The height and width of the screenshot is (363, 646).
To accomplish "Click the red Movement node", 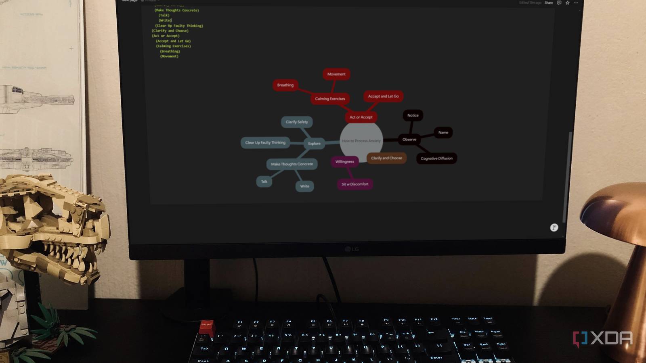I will coord(336,74).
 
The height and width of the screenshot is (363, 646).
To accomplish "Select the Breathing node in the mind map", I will coord(285,85).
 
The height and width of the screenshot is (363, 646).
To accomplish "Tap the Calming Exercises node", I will coord(330,99).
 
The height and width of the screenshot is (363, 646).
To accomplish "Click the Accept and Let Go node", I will coord(383,96).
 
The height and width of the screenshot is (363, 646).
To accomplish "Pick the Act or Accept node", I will coord(361,117).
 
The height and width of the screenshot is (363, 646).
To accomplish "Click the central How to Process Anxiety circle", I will coord(361,141).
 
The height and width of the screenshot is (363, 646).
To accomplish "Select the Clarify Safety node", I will coord(297,122).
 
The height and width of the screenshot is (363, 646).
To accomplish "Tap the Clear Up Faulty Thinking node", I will coord(265,143).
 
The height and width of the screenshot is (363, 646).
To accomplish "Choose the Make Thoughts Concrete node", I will coord(292,164).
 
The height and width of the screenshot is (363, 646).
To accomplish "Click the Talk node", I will coord(264,181).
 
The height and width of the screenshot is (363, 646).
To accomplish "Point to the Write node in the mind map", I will coord(304,186).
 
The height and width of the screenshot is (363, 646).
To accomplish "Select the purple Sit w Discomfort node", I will coord(355,184).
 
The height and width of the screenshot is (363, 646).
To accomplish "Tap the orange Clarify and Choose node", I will coord(386,158).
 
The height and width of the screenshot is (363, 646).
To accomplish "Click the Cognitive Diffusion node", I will coord(436,159).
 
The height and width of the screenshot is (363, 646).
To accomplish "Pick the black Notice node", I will coord(413,115).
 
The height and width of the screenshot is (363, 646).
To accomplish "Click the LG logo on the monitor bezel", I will coord(352,249).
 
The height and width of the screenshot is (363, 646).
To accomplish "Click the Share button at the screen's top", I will coord(549,3).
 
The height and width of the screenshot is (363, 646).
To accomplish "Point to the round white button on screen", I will coord(554,227).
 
